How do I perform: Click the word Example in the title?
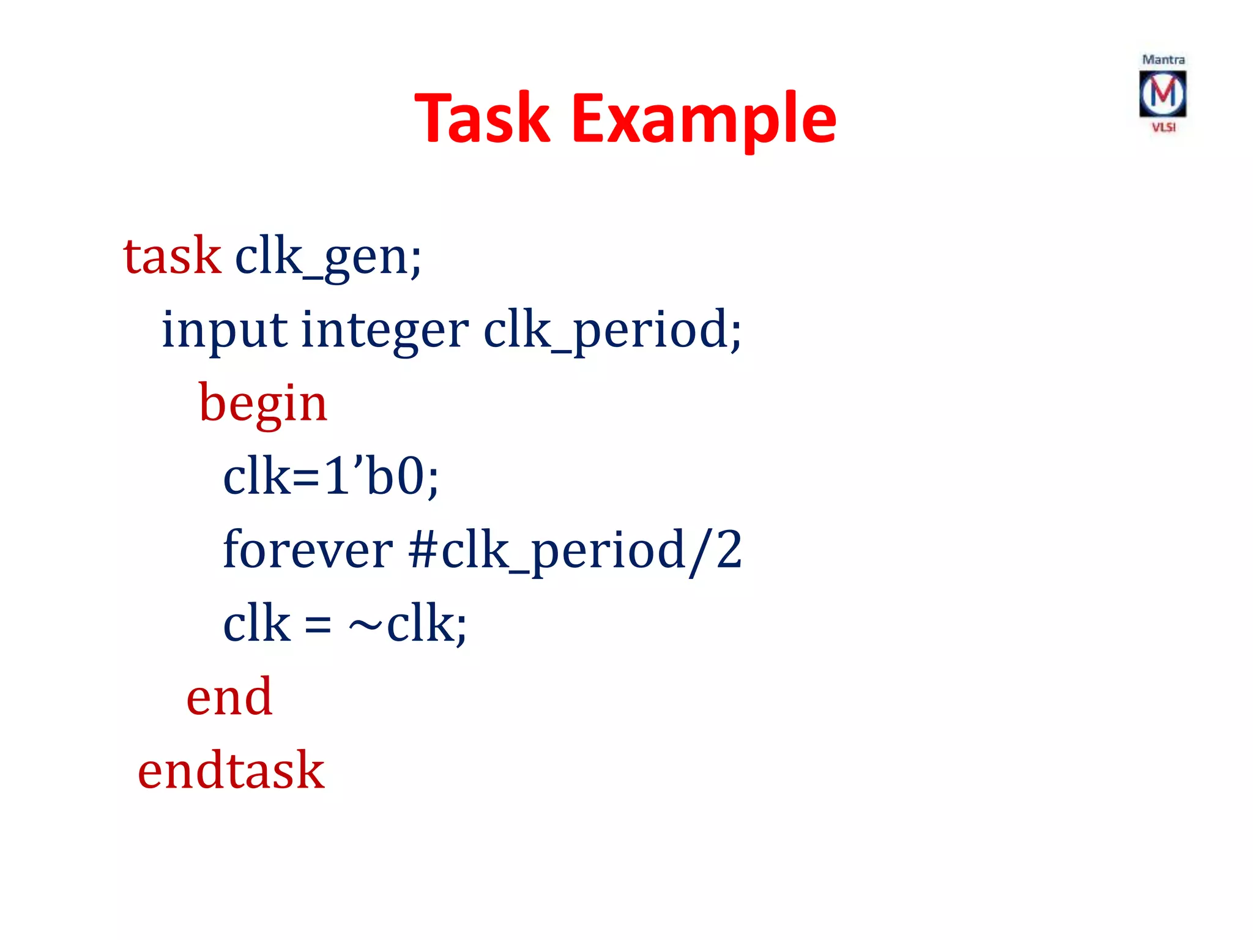coord(704,118)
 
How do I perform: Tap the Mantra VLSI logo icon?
coord(1162,94)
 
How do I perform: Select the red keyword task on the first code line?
coord(172,256)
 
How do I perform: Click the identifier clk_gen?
coord(328,257)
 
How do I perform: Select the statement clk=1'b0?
coord(331,476)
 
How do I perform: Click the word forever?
coord(308,550)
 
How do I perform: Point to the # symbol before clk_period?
coord(422,550)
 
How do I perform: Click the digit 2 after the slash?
coord(728,550)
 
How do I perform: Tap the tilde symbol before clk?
coord(365,625)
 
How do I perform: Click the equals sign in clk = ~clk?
coord(318,625)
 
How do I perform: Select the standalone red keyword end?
coord(229,697)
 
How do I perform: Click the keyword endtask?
coord(231,770)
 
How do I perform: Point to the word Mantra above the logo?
coord(1163,60)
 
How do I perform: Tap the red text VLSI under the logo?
coord(1164,127)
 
